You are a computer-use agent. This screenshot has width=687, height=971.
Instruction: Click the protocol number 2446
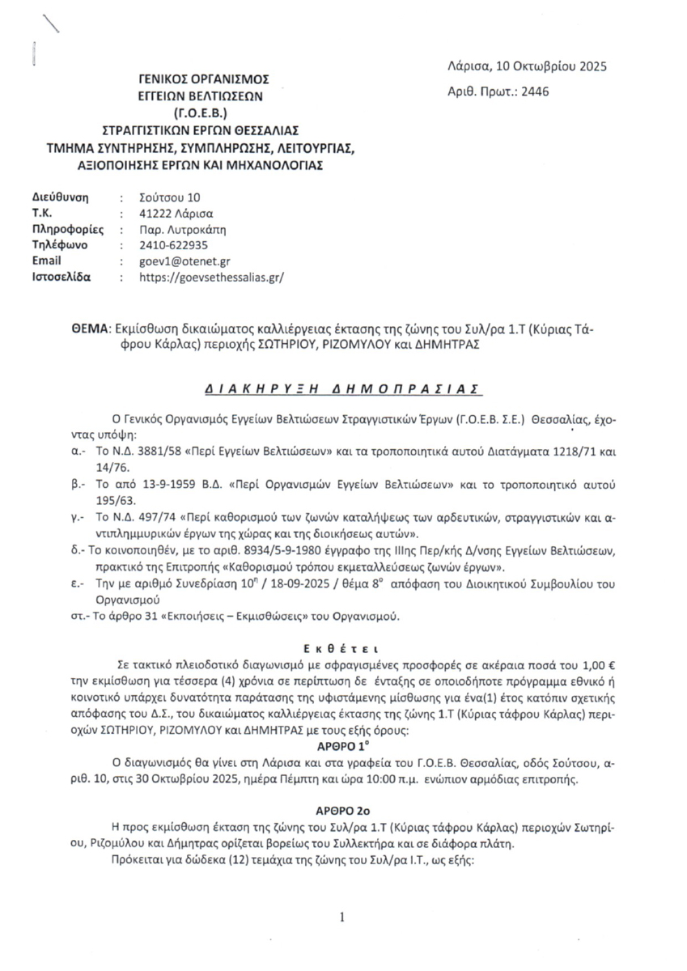pyautogui.click(x=534, y=91)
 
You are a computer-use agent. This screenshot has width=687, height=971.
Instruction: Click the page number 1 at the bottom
pyautogui.click(x=343, y=917)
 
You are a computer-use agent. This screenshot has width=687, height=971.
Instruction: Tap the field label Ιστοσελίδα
pyautogui.click(x=61, y=277)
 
